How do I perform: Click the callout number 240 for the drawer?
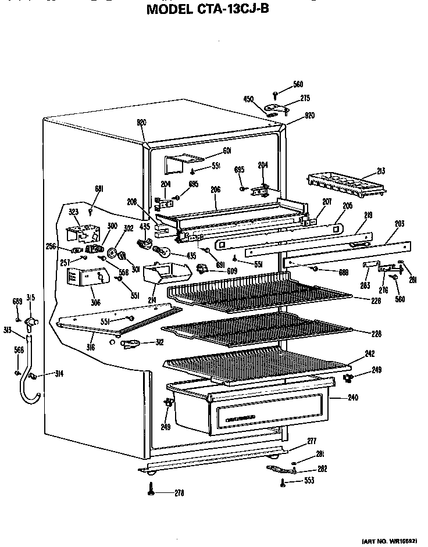pos(352,398)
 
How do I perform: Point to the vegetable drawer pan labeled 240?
pos(250,407)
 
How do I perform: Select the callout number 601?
pos(227,151)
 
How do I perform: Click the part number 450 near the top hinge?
pos(248,99)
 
